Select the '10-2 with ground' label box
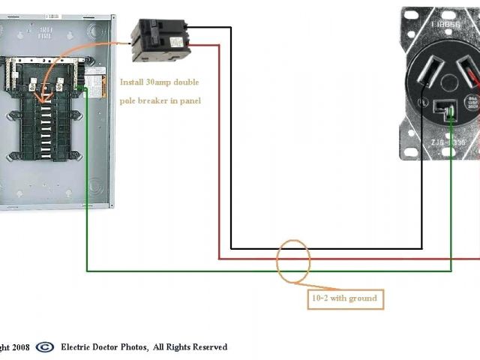pos(344,298)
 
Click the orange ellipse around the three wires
pos(292,261)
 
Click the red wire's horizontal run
pos(337,259)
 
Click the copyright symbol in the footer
pos(45,346)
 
